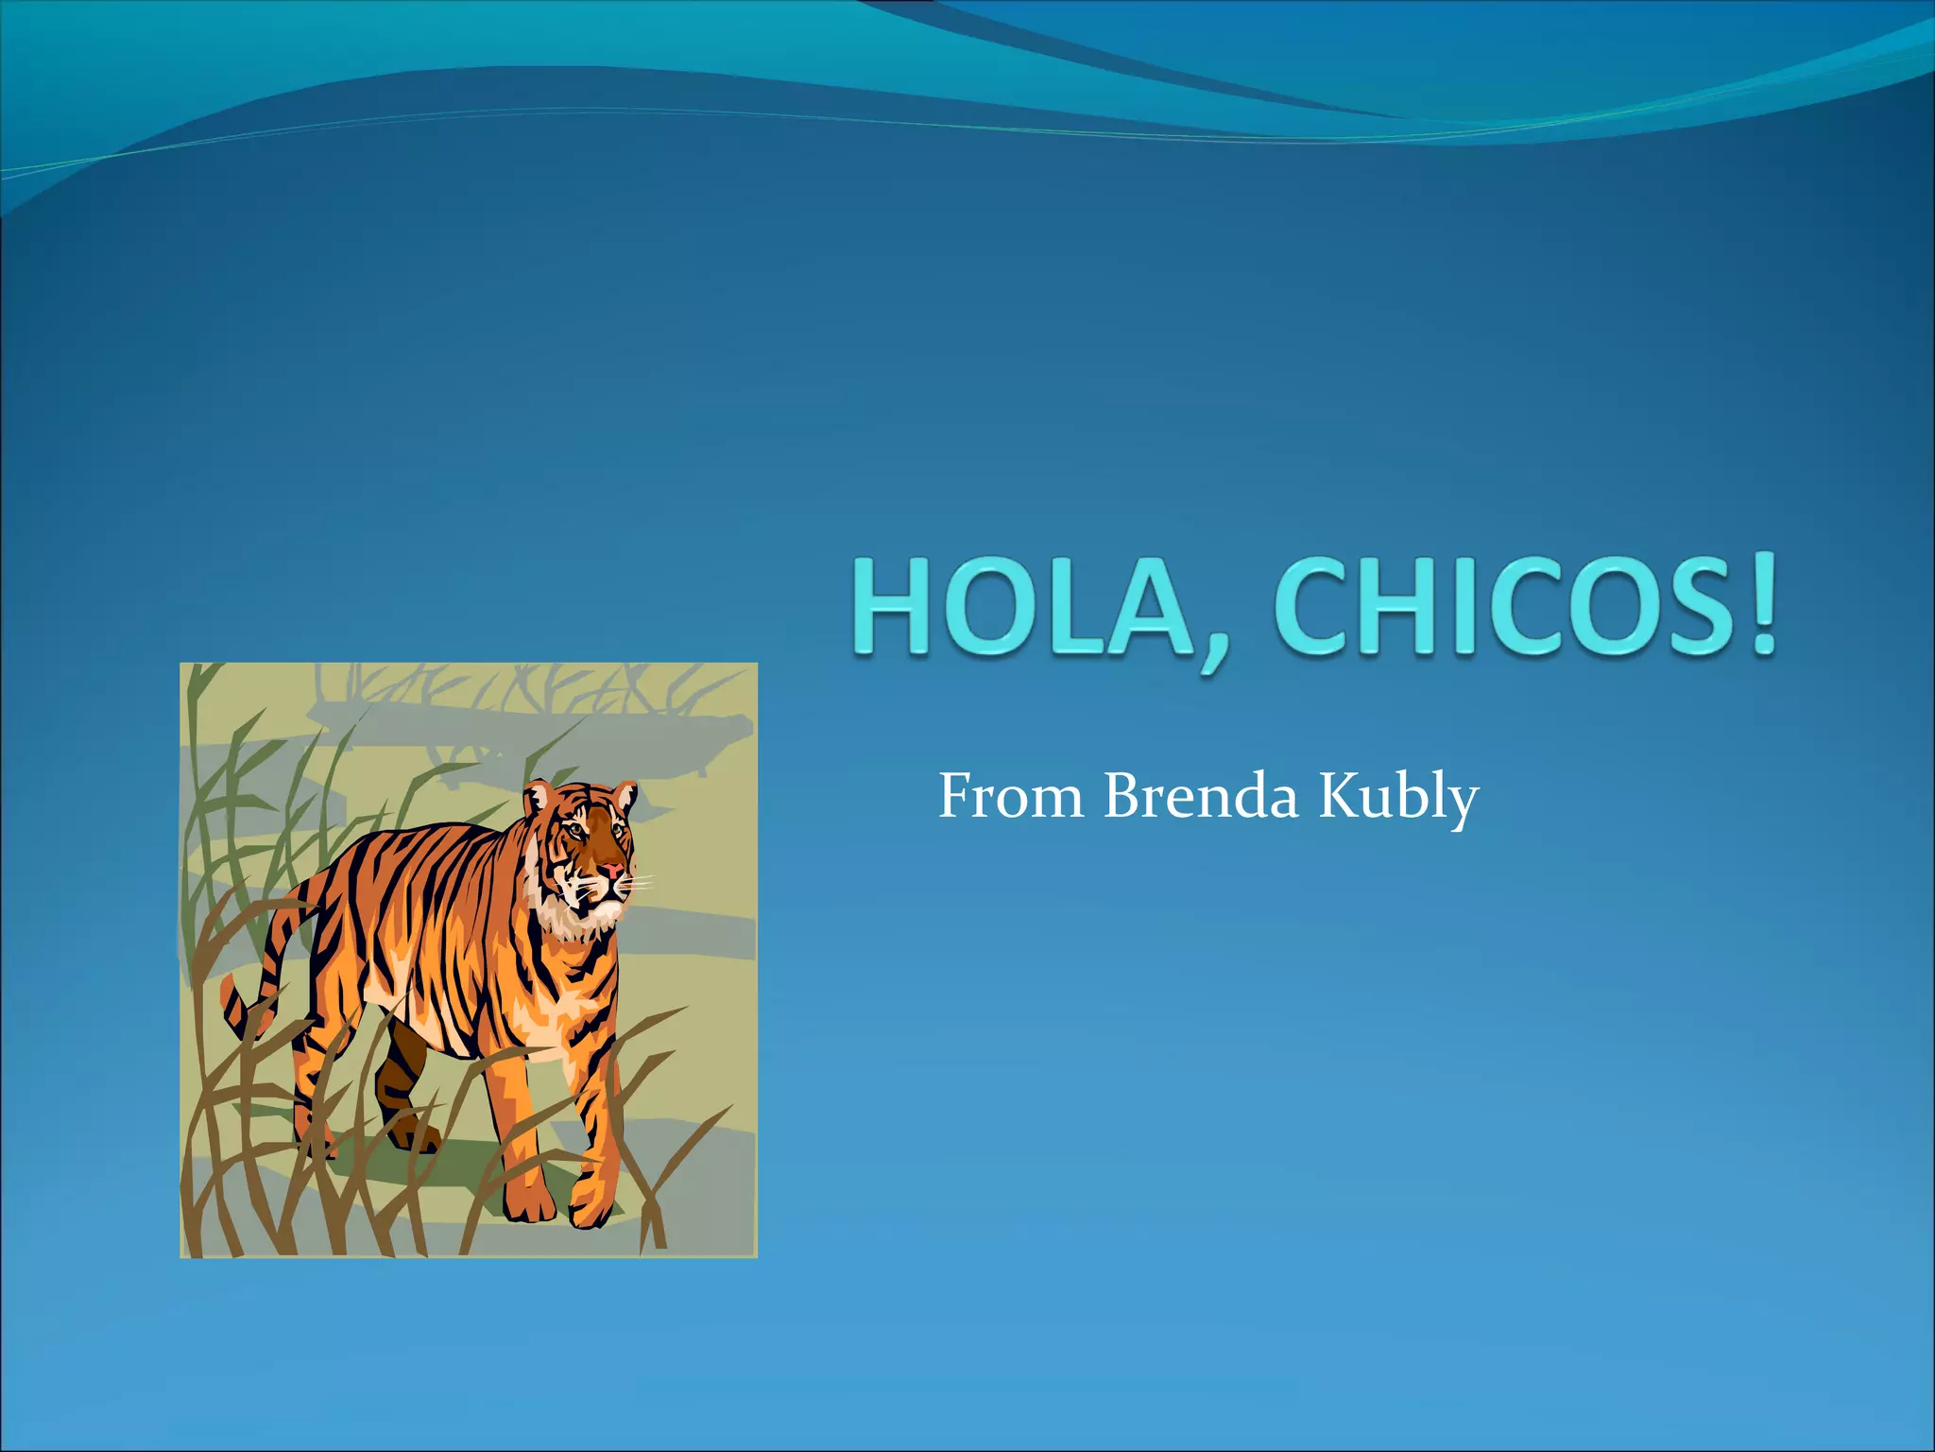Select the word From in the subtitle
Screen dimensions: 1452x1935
point(1010,796)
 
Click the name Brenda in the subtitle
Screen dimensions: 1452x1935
point(1201,796)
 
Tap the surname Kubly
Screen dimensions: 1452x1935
point(1398,796)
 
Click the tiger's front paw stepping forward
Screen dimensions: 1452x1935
point(590,1205)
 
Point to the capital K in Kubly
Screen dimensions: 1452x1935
point(1340,796)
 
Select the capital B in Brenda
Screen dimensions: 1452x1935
point(1125,796)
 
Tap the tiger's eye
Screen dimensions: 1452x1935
point(574,830)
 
